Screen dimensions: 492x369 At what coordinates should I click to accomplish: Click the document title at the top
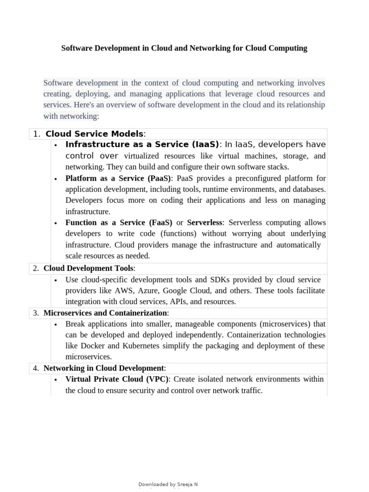pos(184,49)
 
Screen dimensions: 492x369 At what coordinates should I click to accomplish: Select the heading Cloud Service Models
pos(94,134)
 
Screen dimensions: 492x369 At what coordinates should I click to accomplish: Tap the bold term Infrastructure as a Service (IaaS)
pos(142,145)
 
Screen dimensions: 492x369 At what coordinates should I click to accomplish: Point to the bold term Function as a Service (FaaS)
pos(119,222)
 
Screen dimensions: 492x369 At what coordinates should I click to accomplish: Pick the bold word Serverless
pos(205,222)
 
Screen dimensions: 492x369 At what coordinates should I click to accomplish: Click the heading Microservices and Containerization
pos(103,313)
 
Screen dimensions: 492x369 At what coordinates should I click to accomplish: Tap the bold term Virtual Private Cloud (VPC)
pos(117,379)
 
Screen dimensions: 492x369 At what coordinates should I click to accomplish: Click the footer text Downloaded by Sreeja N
pos(168,484)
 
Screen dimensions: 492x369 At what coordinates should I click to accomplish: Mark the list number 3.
pos(36,313)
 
